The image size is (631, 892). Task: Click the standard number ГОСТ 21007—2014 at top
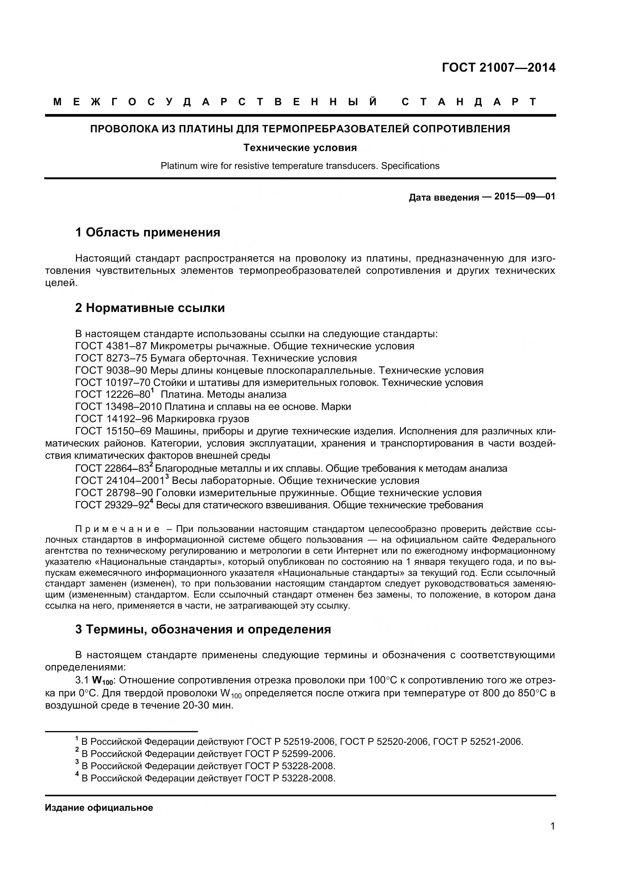[499, 68]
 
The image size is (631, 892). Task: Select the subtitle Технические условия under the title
[300, 148]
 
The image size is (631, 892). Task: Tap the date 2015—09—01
[525, 196]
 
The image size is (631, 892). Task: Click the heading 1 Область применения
[148, 232]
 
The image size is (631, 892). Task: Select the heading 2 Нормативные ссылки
[150, 308]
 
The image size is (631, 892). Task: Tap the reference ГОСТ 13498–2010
[119, 407]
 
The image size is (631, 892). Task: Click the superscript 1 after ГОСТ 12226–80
[153, 391]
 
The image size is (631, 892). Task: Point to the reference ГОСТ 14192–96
[114, 419]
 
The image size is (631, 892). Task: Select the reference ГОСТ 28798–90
[114, 493]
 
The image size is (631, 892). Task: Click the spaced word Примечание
[118, 529]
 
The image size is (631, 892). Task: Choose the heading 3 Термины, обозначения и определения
[203, 629]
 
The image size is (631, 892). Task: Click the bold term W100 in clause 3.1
[102, 681]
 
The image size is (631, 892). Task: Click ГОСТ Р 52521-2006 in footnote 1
[478, 742]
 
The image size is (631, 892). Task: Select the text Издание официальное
[99, 808]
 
